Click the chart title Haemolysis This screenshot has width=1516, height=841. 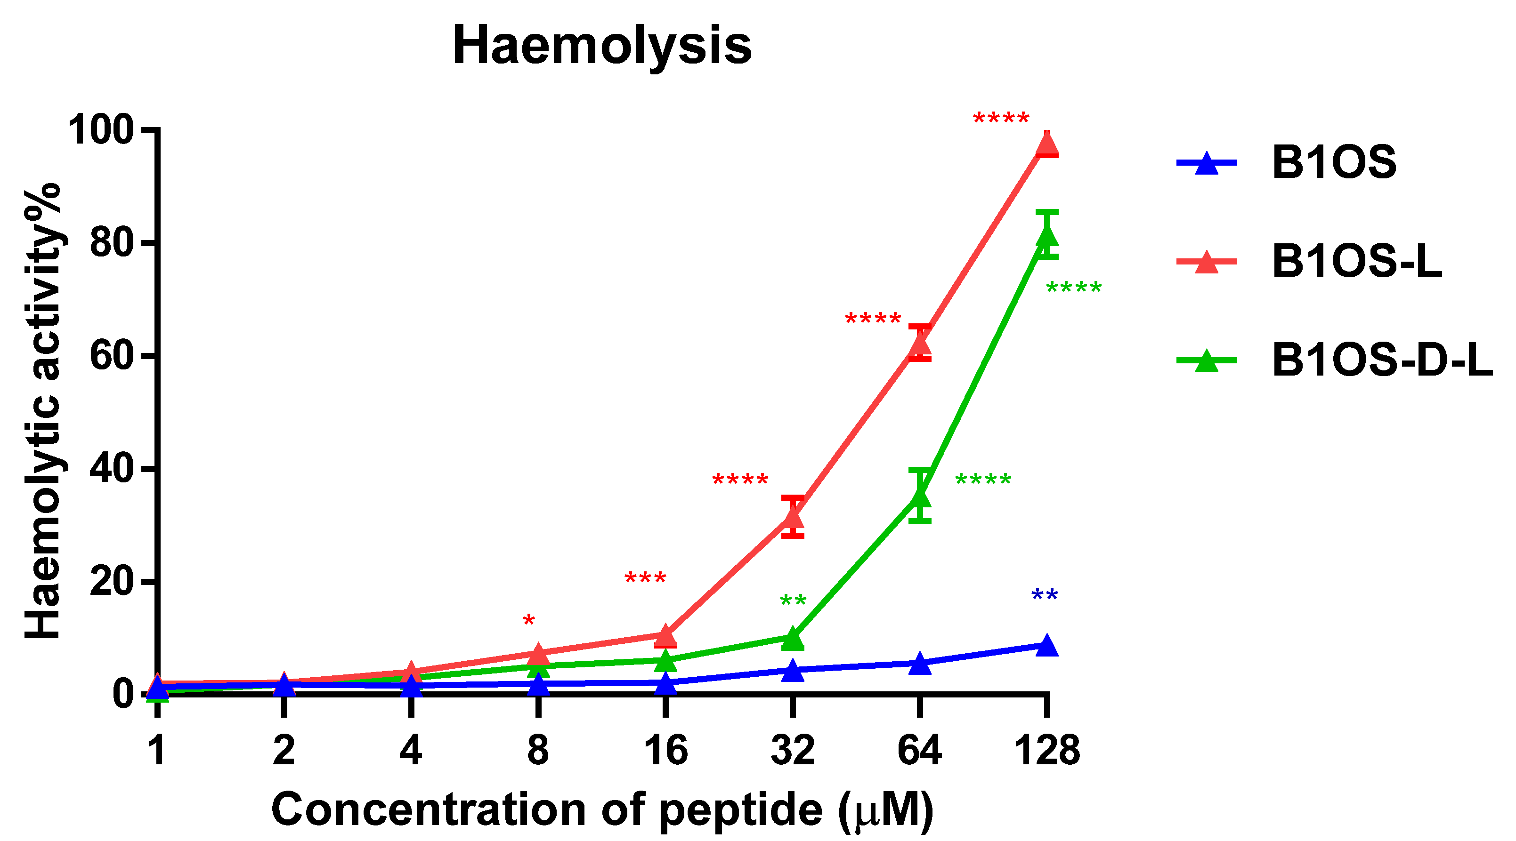tap(601, 46)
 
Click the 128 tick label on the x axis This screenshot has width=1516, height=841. tap(1046, 751)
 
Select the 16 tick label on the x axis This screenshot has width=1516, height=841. tap(665, 751)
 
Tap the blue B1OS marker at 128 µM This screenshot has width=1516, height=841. tap(1047, 645)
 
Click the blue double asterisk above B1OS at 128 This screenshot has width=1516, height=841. tap(1045, 596)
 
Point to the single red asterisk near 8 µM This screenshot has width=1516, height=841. tap(528, 622)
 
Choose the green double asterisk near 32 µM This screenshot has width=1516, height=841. tap(793, 601)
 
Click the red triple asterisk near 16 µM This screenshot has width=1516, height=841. tap(645, 578)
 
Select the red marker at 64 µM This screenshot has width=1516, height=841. tap(920, 344)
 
